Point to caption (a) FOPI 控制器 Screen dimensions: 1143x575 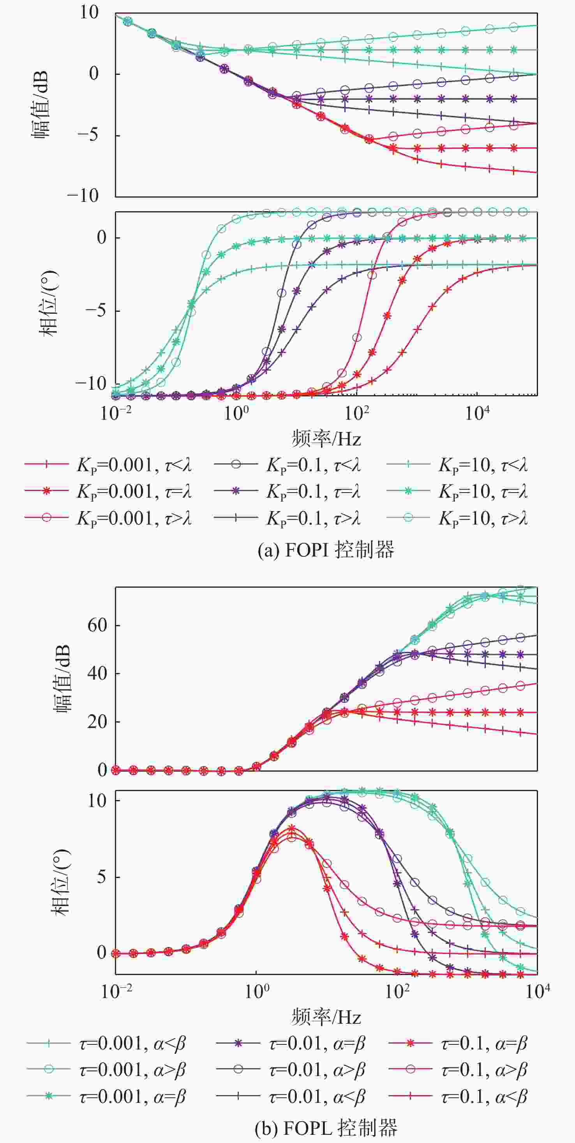click(326, 550)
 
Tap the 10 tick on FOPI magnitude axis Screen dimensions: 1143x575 click(89, 12)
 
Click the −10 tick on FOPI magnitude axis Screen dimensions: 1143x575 click(83, 196)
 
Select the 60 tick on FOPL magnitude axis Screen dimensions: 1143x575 click(97, 625)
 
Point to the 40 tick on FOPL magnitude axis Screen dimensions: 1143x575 click(97, 673)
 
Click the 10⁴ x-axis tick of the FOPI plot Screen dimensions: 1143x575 click(477, 413)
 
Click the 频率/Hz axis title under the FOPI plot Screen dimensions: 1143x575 click(326, 439)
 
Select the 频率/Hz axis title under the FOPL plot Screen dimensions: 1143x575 click(326, 1017)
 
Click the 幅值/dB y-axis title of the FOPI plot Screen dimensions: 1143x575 click(40, 104)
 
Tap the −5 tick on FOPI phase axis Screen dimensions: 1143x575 click(95, 310)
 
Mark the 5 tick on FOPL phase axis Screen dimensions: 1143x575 click(102, 877)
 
